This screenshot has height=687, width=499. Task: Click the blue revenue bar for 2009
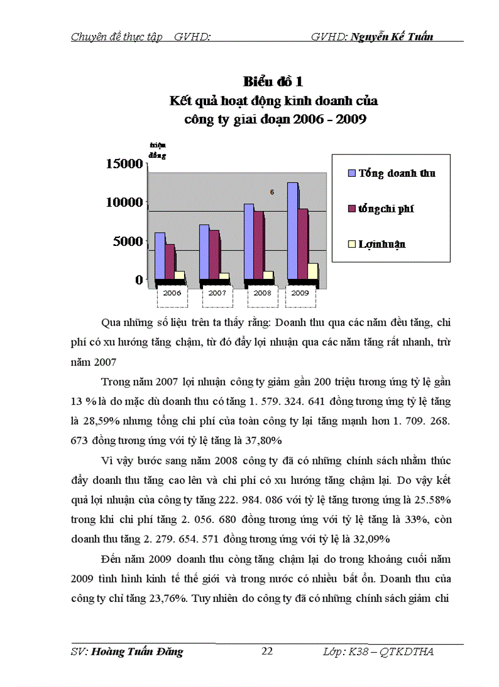pos(292,232)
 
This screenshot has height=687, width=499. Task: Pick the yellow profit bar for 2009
pos(312,272)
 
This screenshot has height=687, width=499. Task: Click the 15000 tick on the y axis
pos(125,164)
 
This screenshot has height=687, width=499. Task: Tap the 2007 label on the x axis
pos(217,293)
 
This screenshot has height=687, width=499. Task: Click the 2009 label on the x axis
pos(300,293)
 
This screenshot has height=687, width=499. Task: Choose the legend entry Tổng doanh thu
pos(397,173)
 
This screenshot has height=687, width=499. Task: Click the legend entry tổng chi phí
pos(386,209)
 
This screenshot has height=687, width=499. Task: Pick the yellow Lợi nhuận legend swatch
pos(352,244)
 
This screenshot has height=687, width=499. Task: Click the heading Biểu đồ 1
pos(273,81)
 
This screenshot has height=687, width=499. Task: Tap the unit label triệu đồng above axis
pos(158,150)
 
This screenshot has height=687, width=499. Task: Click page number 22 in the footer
pos(267,652)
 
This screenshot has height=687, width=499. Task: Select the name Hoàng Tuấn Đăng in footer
pos(136,652)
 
